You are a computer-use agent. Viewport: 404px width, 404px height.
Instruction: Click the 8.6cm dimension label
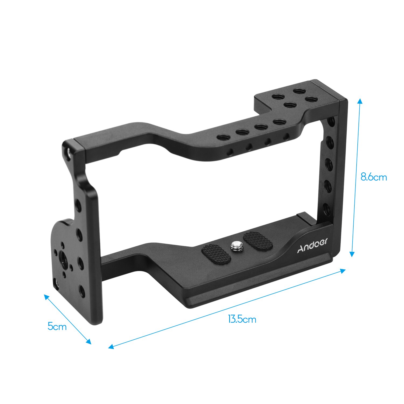[x=374, y=177]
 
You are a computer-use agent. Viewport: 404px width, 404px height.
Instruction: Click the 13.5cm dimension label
[x=242, y=319]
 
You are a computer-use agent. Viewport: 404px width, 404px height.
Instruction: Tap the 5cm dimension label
[x=57, y=326]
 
